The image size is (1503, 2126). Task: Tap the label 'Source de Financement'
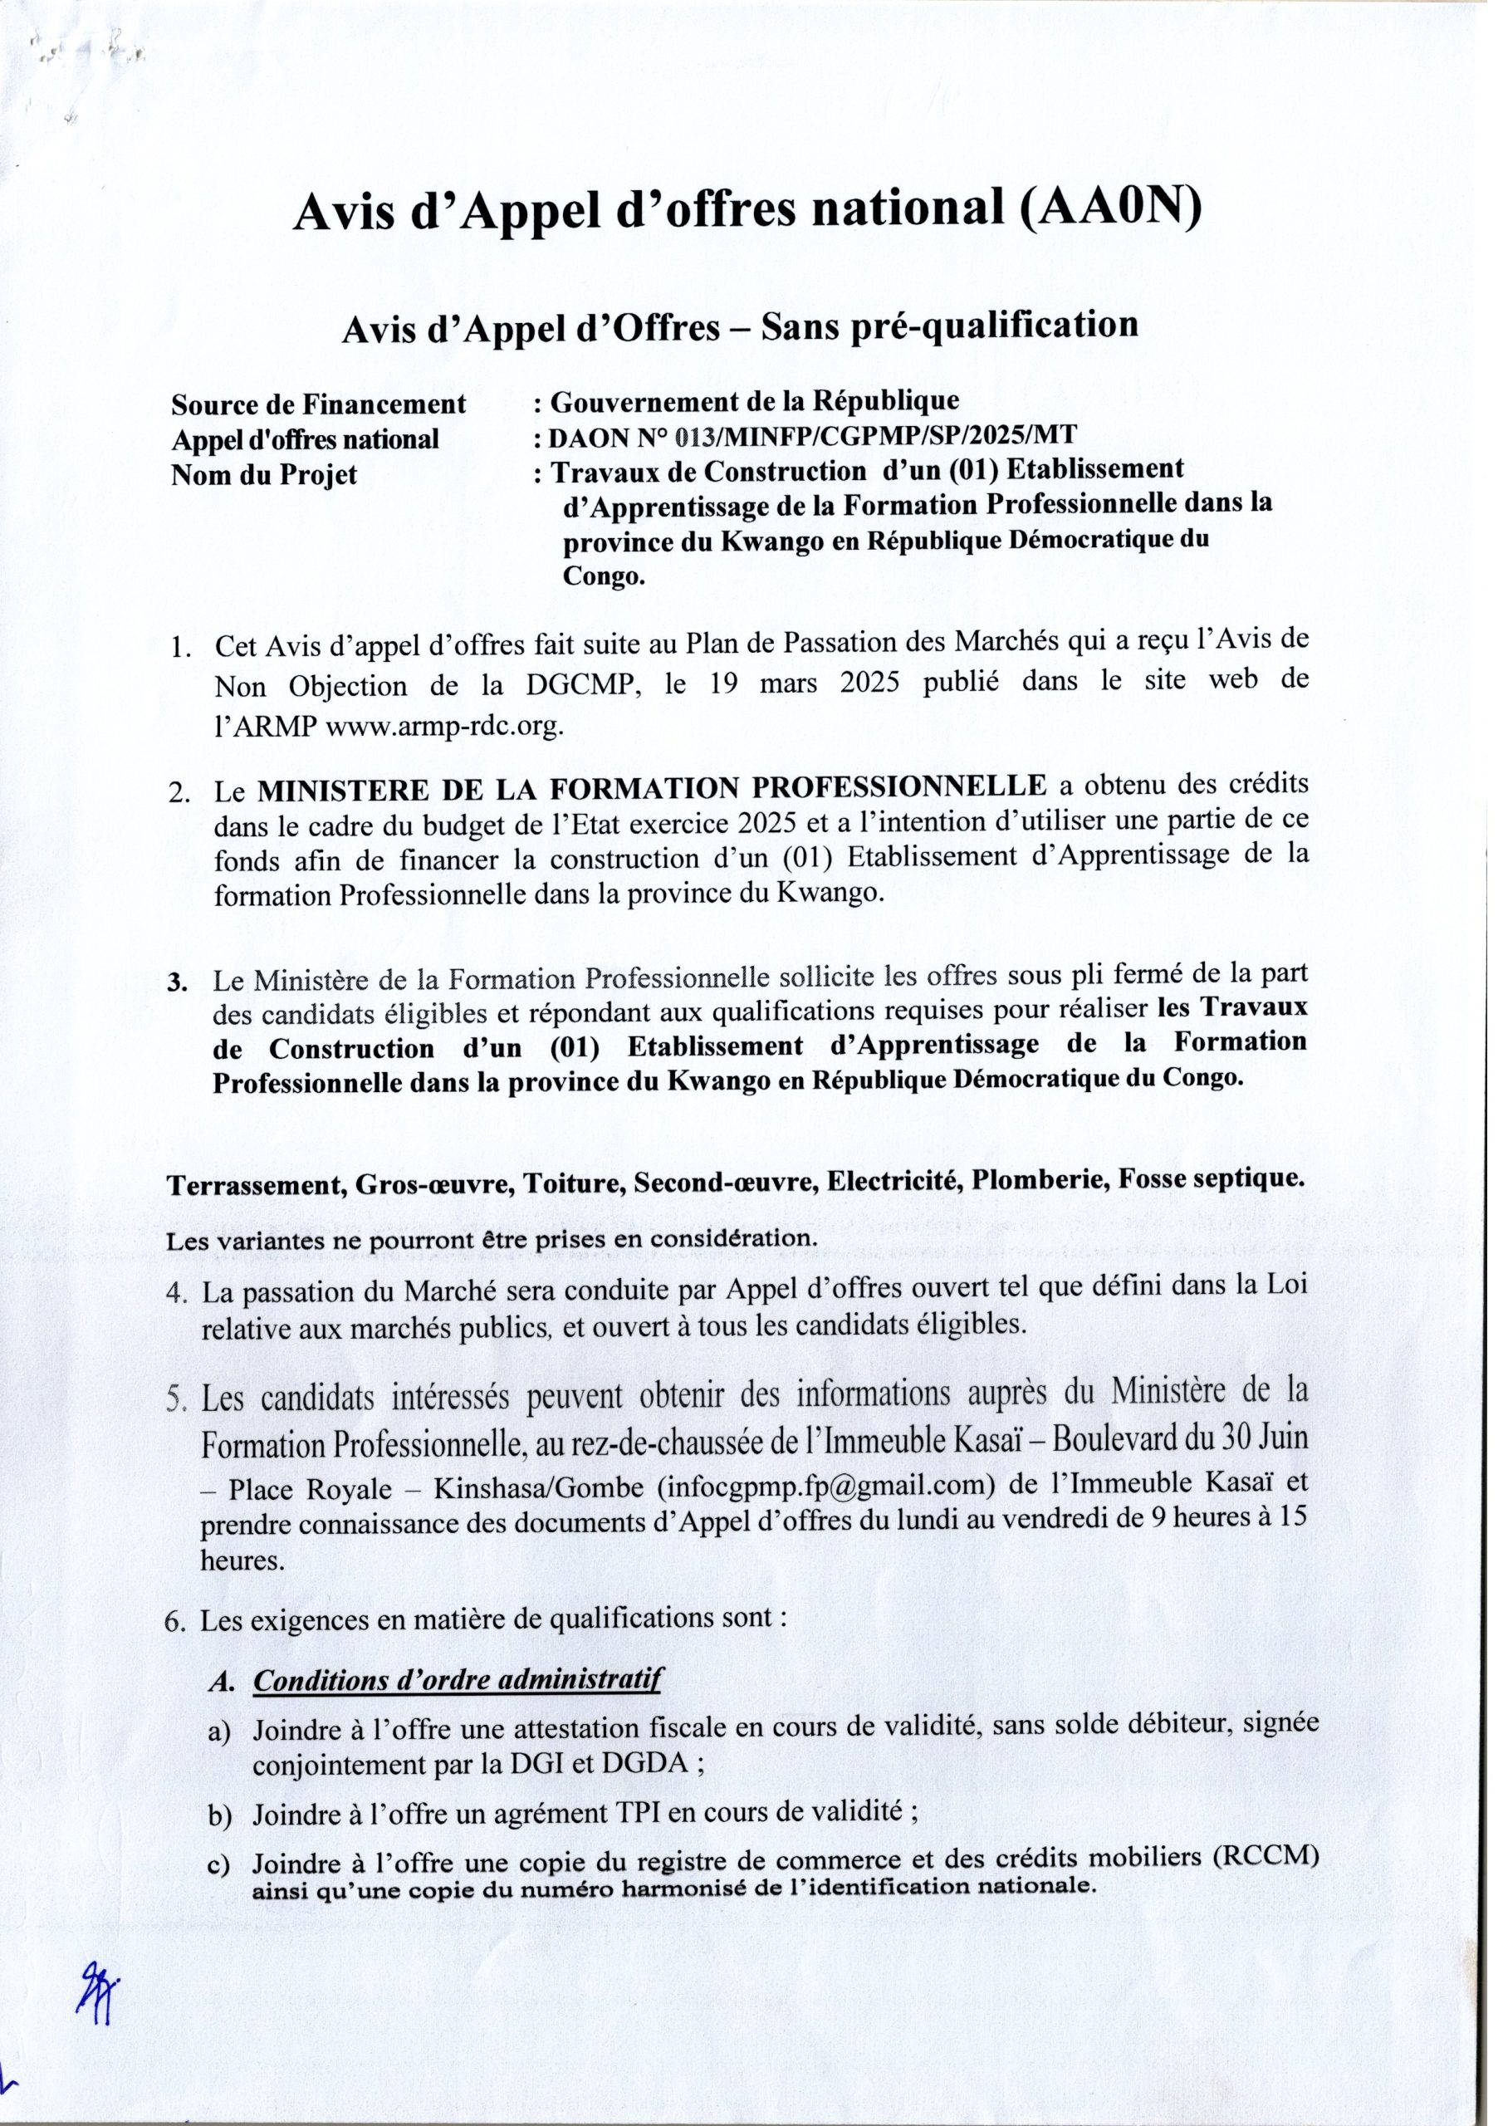click(319, 404)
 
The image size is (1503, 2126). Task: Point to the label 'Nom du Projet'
click(264, 476)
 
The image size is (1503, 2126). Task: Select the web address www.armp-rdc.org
click(445, 727)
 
